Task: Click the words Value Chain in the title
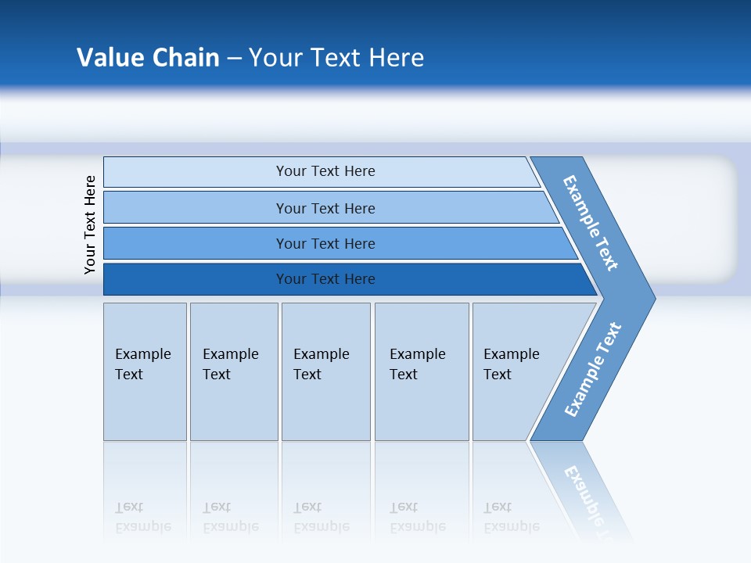click(x=148, y=58)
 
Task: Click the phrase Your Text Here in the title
click(x=336, y=58)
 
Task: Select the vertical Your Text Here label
click(x=90, y=224)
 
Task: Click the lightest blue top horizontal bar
click(x=196, y=172)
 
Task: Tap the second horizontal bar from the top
click(x=196, y=208)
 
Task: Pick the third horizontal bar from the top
click(x=196, y=243)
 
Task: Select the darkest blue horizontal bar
click(x=196, y=279)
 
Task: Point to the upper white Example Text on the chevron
click(x=591, y=224)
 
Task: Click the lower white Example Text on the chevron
click(x=592, y=370)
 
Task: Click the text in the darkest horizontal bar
click(x=325, y=279)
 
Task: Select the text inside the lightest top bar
click(x=325, y=171)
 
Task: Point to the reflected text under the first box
click(x=142, y=517)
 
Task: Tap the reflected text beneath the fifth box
click(x=511, y=517)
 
